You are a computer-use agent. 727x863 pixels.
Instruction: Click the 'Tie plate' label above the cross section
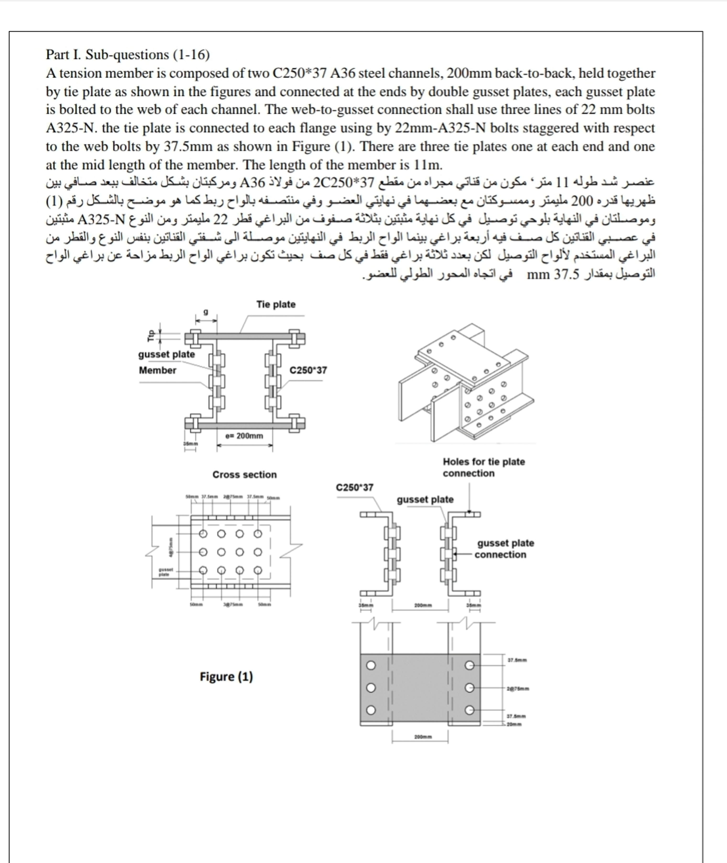pos(276,304)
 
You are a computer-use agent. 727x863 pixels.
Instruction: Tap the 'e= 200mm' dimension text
pos(244,436)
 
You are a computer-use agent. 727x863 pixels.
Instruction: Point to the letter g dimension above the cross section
pos(206,312)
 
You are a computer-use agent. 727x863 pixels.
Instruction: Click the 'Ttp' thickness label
pos(151,336)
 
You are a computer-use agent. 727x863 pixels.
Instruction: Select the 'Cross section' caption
pos(244,475)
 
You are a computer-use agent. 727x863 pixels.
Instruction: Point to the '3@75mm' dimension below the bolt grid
pos(233,605)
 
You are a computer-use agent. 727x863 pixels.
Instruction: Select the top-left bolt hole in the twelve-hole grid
pos(203,534)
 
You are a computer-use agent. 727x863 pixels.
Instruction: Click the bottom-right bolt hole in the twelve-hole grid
pos(257,570)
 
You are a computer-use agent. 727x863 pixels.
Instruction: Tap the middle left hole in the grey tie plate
pos(371,688)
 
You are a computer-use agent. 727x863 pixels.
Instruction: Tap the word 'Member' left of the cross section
pos(158,370)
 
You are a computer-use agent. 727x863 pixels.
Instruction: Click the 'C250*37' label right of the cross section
pos(308,370)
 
